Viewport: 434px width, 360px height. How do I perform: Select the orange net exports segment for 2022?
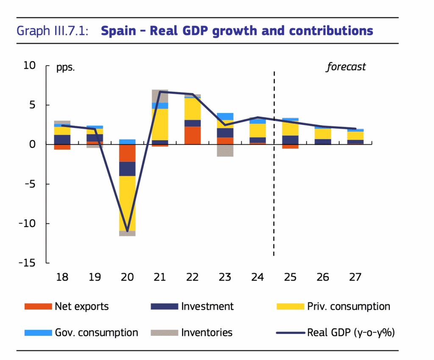point(192,136)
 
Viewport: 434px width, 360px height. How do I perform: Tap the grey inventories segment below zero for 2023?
point(225,150)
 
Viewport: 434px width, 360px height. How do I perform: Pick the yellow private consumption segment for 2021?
point(160,125)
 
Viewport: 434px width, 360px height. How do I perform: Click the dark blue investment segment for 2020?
point(127,169)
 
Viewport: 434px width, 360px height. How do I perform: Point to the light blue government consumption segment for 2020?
point(127,142)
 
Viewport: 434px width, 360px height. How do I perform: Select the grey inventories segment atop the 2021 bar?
point(160,96)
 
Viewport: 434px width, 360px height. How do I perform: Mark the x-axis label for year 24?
point(257,277)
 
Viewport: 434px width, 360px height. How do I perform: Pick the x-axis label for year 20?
point(127,277)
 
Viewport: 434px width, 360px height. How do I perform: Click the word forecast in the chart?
point(345,67)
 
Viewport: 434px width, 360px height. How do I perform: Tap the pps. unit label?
point(65,67)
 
